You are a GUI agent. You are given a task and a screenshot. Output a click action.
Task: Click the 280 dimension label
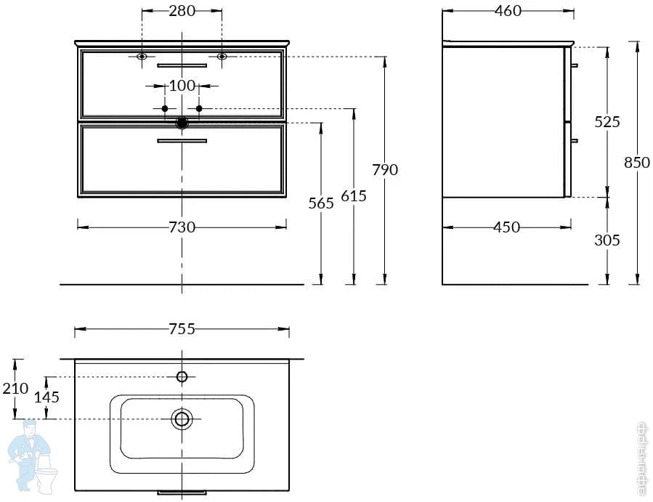(x=182, y=11)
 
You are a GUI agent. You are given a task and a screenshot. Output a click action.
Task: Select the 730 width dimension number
(x=182, y=227)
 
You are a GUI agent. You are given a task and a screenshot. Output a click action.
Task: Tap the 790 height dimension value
(x=386, y=169)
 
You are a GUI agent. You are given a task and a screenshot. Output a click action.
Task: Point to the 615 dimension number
(x=354, y=196)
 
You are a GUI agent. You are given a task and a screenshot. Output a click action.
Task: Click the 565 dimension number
(x=321, y=203)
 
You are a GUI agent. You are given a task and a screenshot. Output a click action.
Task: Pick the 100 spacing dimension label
(x=182, y=86)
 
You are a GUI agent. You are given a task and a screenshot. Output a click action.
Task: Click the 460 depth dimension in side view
(x=508, y=11)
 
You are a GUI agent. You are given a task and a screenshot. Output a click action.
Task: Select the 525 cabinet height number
(x=607, y=122)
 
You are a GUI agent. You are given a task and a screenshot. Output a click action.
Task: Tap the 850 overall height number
(x=637, y=163)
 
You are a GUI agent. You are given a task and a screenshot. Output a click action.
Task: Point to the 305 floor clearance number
(x=607, y=240)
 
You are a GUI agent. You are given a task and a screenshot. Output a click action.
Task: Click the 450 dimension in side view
(x=506, y=227)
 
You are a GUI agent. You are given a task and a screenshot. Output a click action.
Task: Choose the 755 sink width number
(x=182, y=329)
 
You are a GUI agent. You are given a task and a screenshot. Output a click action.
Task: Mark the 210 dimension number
(x=15, y=389)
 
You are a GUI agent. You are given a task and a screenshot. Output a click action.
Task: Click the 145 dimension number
(x=47, y=397)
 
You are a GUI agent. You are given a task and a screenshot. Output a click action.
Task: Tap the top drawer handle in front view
(x=182, y=65)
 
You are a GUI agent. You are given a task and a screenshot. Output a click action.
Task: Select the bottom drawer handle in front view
(x=182, y=141)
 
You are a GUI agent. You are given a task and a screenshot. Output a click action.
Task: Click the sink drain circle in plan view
(x=182, y=418)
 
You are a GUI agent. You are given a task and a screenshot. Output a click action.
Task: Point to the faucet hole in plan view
(x=182, y=376)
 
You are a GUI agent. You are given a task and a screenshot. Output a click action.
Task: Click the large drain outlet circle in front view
(x=182, y=123)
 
